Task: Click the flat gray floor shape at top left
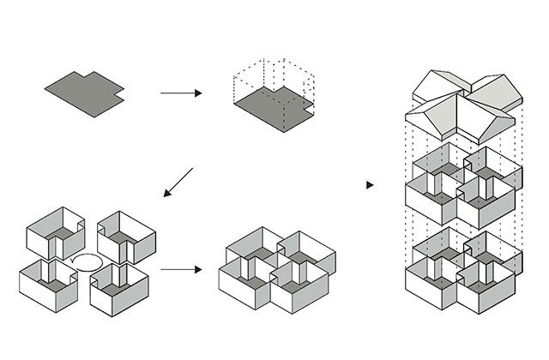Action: click(83, 92)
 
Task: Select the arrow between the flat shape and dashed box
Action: click(180, 92)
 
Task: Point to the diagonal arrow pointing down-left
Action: click(179, 182)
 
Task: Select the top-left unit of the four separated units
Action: click(55, 231)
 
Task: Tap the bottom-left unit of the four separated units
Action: click(47, 281)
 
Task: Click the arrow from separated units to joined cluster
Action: click(180, 269)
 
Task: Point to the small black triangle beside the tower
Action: click(370, 184)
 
